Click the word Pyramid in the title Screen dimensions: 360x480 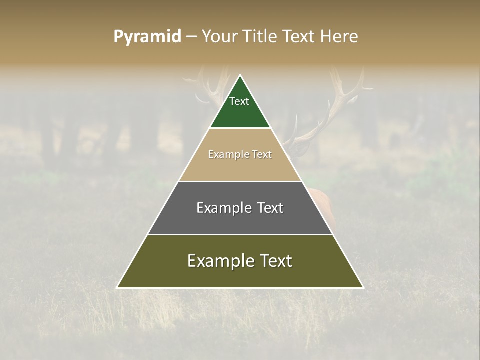147,37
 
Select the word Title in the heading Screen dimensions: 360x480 259,37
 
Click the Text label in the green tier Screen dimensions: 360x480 239,101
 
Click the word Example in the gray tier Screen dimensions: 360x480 223,208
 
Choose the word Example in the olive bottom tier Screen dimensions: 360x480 219,261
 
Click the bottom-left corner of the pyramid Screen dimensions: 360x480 118,287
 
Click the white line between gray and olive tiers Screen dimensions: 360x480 240,234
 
